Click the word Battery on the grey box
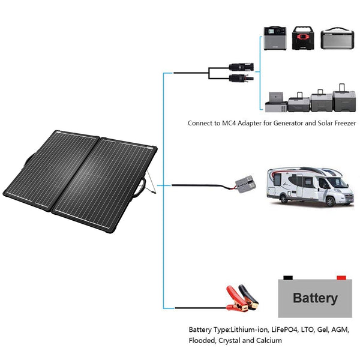pyautogui.click(x=315, y=298)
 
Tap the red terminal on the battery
pyautogui.click(x=341, y=278)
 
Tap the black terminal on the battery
pyautogui.click(x=288, y=278)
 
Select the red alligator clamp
pyautogui.click(x=236, y=298)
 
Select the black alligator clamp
pyautogui.click(x=249, y=297)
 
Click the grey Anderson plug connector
pyautogui.click(x=245, y=184)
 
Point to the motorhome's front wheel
pyautogui.click(x=330, y=202)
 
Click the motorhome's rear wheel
pyautogui.click(x=284, y=199)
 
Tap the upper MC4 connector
pyautogui.click(x=241, y=67)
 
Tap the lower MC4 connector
pyautogui.click(x=241, y=78)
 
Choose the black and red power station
pyautogui.click(x=303, y=38)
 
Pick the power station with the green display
pyautogui.click(x=275, y=38)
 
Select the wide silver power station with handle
pyautogui.click(x=337, y=38)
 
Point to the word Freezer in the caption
pyautogui.click(x=345, y=123)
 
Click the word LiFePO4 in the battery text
pyautogui.click(x=284, y=330)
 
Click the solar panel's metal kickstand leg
pyautogui.click(x=151, y=182)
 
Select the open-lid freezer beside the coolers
pyautogui.click(x=276, y=103)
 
